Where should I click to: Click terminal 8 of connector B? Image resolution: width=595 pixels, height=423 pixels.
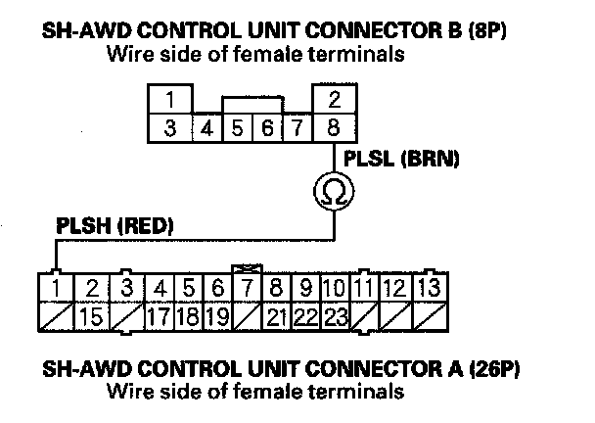click(x=334, y=126)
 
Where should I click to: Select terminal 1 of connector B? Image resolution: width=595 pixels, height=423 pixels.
click(x=170, y=100)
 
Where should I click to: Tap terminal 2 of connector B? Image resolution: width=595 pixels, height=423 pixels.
click(x=334, y=100)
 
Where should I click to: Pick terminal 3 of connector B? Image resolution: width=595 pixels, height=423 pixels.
click(x=170, y=126)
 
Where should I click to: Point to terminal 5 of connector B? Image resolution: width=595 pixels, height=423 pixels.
click(x=237, y=127)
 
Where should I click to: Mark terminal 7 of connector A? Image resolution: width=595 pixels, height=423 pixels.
click(x=249, y=289)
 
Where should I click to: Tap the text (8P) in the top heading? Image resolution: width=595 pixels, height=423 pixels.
click(x=491, y=31)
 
